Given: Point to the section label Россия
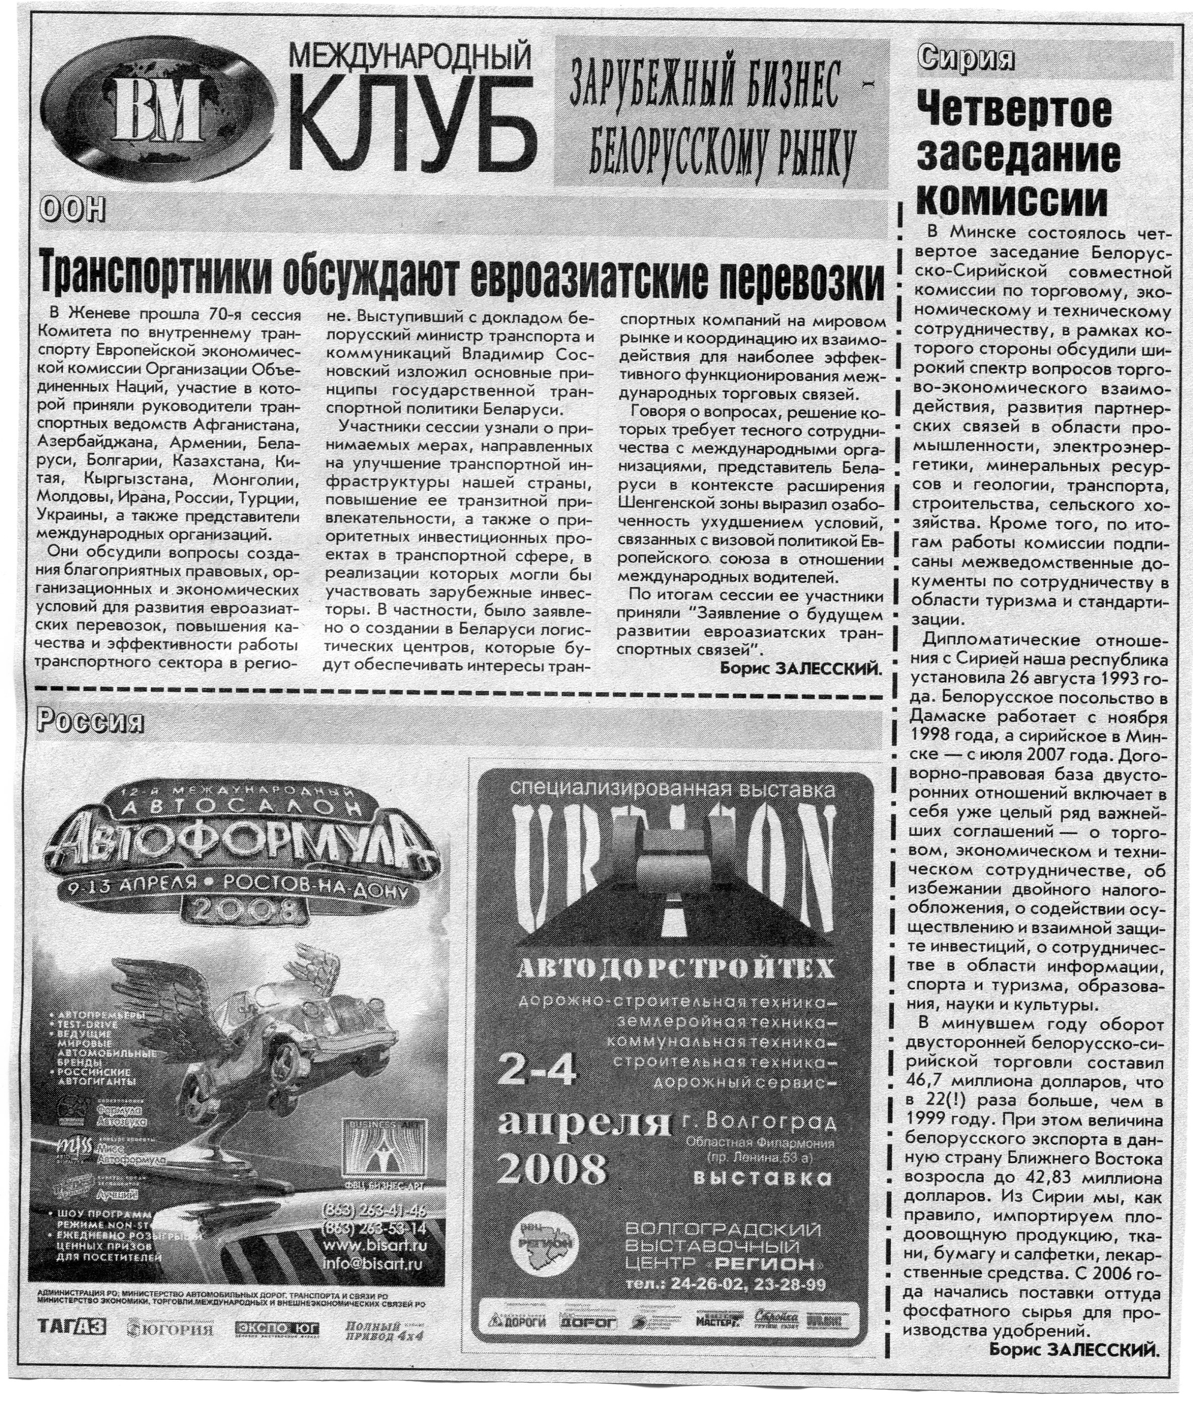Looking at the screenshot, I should pos(90,722).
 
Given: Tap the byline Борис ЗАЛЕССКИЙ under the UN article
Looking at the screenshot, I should pos(801,669).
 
